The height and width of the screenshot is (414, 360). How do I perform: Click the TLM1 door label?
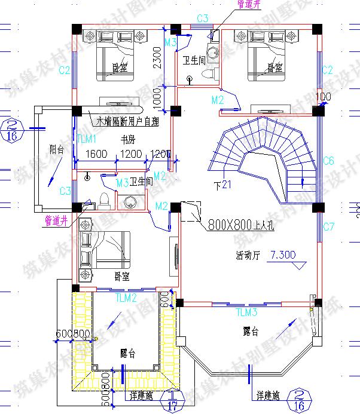[x=87, y=139]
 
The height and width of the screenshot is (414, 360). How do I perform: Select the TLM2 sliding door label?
[x=126, y=297]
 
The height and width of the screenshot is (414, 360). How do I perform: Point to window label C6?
[x=328, y=161]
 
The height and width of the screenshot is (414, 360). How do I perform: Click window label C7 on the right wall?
[x=328, y=226]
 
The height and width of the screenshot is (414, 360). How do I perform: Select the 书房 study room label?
[x=127, y=140]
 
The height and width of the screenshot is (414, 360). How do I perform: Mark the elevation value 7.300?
[x=283, y=254]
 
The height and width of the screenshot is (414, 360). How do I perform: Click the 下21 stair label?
[x=222, y=184]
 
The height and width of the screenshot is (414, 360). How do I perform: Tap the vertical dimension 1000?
[x=157, y=98]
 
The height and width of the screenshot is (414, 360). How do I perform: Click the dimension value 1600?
[x=96, y=154]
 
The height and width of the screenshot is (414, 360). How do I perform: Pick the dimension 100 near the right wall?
[x=322, y=97]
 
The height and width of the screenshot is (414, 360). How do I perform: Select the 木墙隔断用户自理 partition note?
[x=128, y=121]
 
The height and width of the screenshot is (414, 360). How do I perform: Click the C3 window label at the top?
[x=202, y=18]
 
